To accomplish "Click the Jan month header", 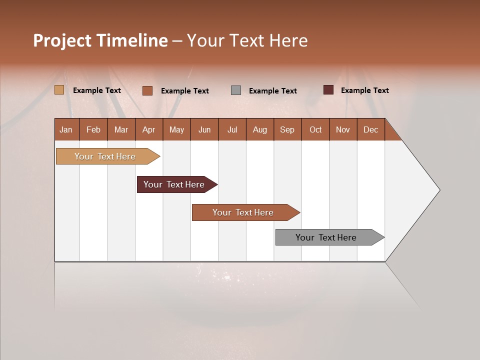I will click(66, 129).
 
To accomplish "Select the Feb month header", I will click(93, 129).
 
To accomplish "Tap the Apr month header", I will click(148, 129).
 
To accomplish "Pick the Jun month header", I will click(204, 129).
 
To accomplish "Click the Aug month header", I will click(259, 129).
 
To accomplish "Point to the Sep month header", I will click(287, 129).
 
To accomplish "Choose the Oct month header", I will click(315, 129).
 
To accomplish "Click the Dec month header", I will click(370, 129).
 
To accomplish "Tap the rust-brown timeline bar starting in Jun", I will click(244, 212).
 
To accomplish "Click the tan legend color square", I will click(59, 90).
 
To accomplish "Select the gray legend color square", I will click(236, 90).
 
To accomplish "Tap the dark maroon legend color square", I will click(328, 90).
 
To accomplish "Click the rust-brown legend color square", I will click(147, 90).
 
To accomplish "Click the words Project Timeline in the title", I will click(100, 40).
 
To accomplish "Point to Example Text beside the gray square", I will click(272, 91).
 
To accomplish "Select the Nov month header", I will click(343, 129).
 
